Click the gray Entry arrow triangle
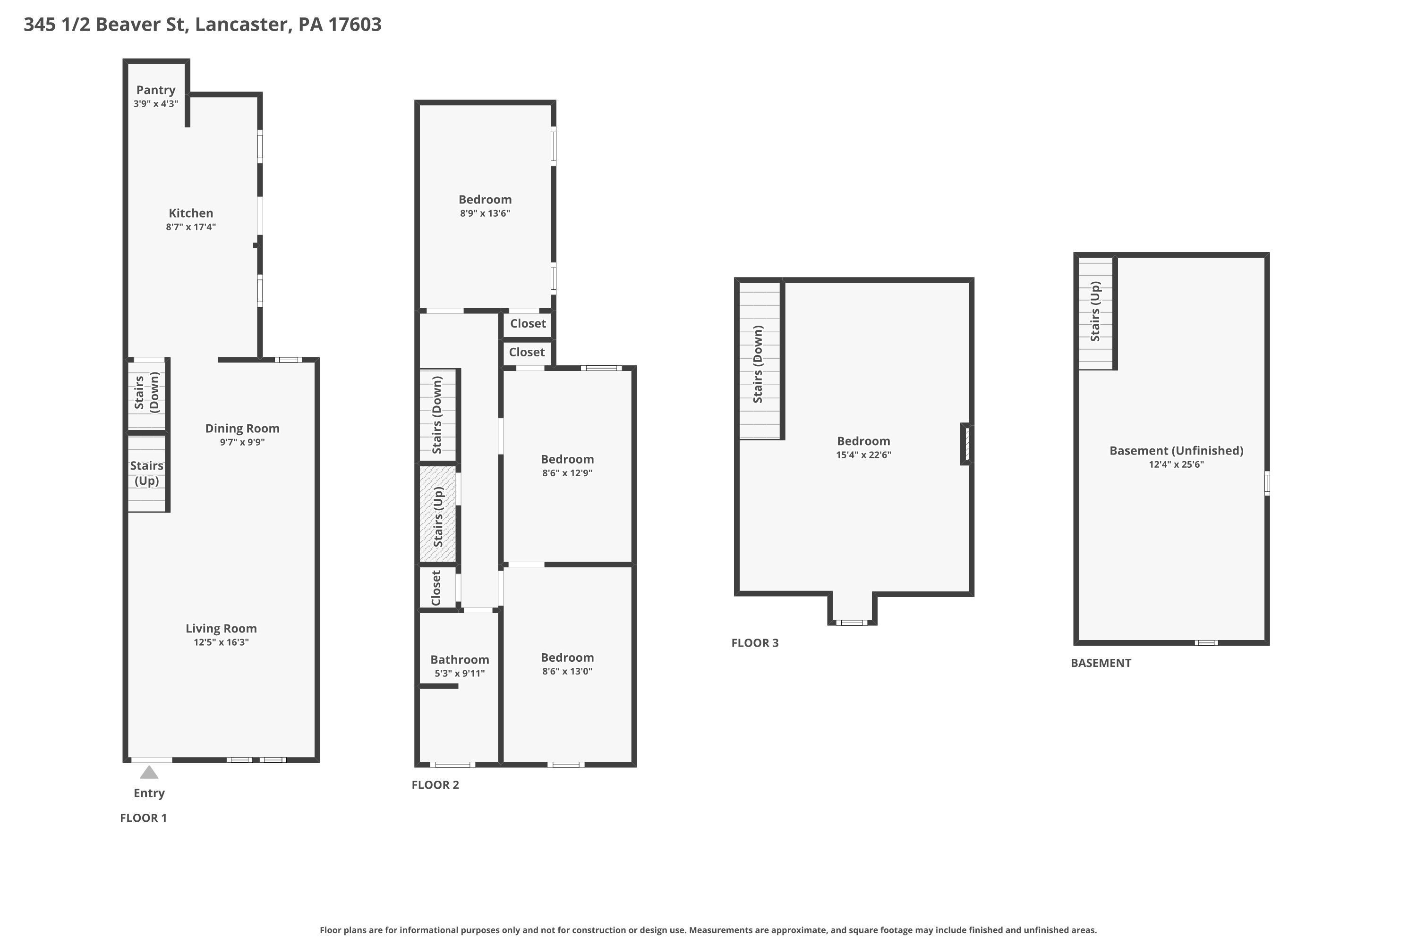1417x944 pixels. pos(149,772)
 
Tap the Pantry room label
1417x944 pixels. pos(155,90)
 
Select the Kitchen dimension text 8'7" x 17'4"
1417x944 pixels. pos(191,227)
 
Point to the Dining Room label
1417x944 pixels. pos(242,428)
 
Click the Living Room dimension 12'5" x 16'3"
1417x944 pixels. pos(221,642)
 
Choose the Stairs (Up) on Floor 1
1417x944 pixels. pos(146,473)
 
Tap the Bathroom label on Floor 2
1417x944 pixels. pos(460,659)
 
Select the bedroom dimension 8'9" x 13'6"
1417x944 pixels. pos(485,213)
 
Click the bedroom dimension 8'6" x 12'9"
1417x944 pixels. pos(567,473)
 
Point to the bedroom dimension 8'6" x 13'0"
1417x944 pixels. pos(567,671)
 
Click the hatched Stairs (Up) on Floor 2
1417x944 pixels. pos(438,515)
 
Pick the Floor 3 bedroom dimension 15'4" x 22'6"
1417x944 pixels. pos(863,455)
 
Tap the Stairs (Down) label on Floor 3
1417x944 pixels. pos(758,364)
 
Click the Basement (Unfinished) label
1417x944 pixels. pos(1176,450)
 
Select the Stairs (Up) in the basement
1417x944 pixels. pos(1095,312)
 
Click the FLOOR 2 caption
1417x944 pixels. pos(435,785)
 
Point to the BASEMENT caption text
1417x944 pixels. pos(1101,663)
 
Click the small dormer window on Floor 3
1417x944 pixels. pos(852,623)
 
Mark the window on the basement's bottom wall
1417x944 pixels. pos(1206,643)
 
